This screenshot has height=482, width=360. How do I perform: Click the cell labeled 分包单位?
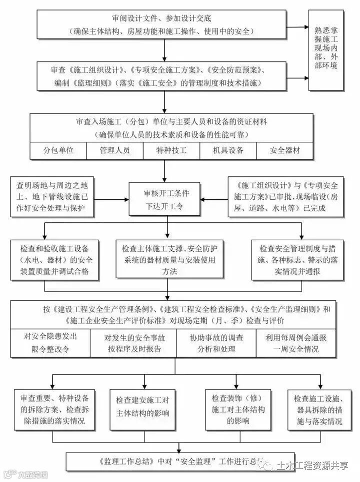(x=58, y=150)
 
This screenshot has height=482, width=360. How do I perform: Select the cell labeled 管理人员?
(x=115, y=150)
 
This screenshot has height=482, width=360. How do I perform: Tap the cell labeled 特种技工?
(x=171, y=150)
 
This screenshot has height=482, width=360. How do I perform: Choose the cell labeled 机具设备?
(x=228, y=150)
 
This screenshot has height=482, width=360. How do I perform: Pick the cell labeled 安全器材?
(x=285, y=150)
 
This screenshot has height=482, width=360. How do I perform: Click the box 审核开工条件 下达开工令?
(x=166, y=199)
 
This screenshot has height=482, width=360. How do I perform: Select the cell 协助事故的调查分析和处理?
(x=216, y=343)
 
